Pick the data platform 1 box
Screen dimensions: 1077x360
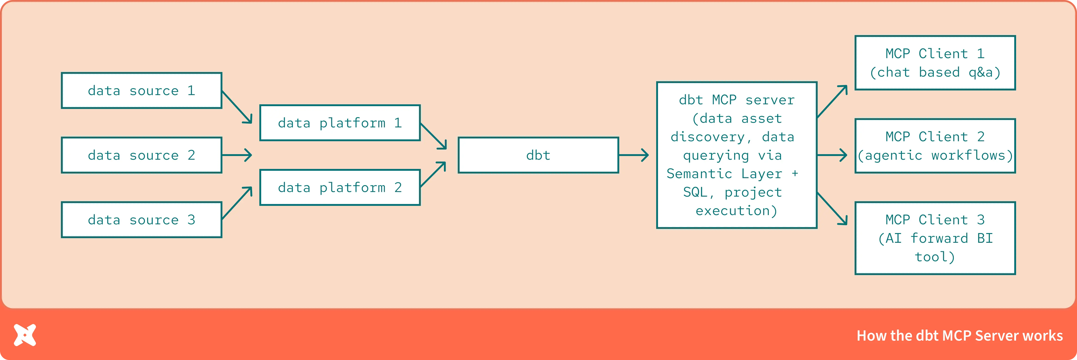[x=340, y=123]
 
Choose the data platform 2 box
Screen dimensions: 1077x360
[x=340, y=187]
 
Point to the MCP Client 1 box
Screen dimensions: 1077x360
[x=935, y=63]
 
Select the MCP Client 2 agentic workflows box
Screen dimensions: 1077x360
[x=935, y=146]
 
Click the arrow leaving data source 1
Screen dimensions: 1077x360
[x=237, y=107]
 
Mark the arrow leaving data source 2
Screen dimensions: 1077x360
[x=237, y=155]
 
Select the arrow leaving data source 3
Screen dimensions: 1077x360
[x=237, y=203]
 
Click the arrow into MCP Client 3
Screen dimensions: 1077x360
[x=832, y=209]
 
